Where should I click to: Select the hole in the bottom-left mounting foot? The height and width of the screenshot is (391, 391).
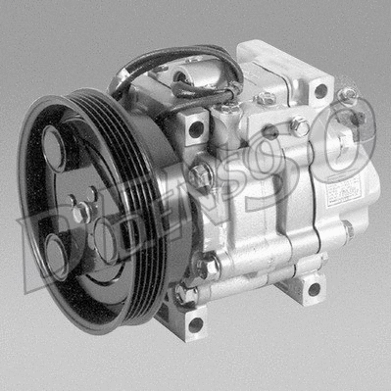pos(195,322)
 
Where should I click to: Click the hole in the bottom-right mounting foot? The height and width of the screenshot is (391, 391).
pos(314,288)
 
